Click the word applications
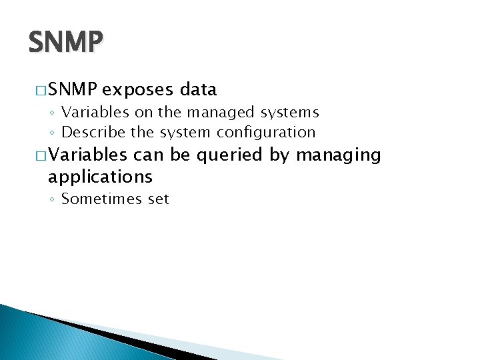pyautogui.click(x=100, y=177)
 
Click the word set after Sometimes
pyautogui.click(x=159, y=199)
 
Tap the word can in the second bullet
pyautogui.click(x=148, y=155)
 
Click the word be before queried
pyautogui.click(x=179, y=155)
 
